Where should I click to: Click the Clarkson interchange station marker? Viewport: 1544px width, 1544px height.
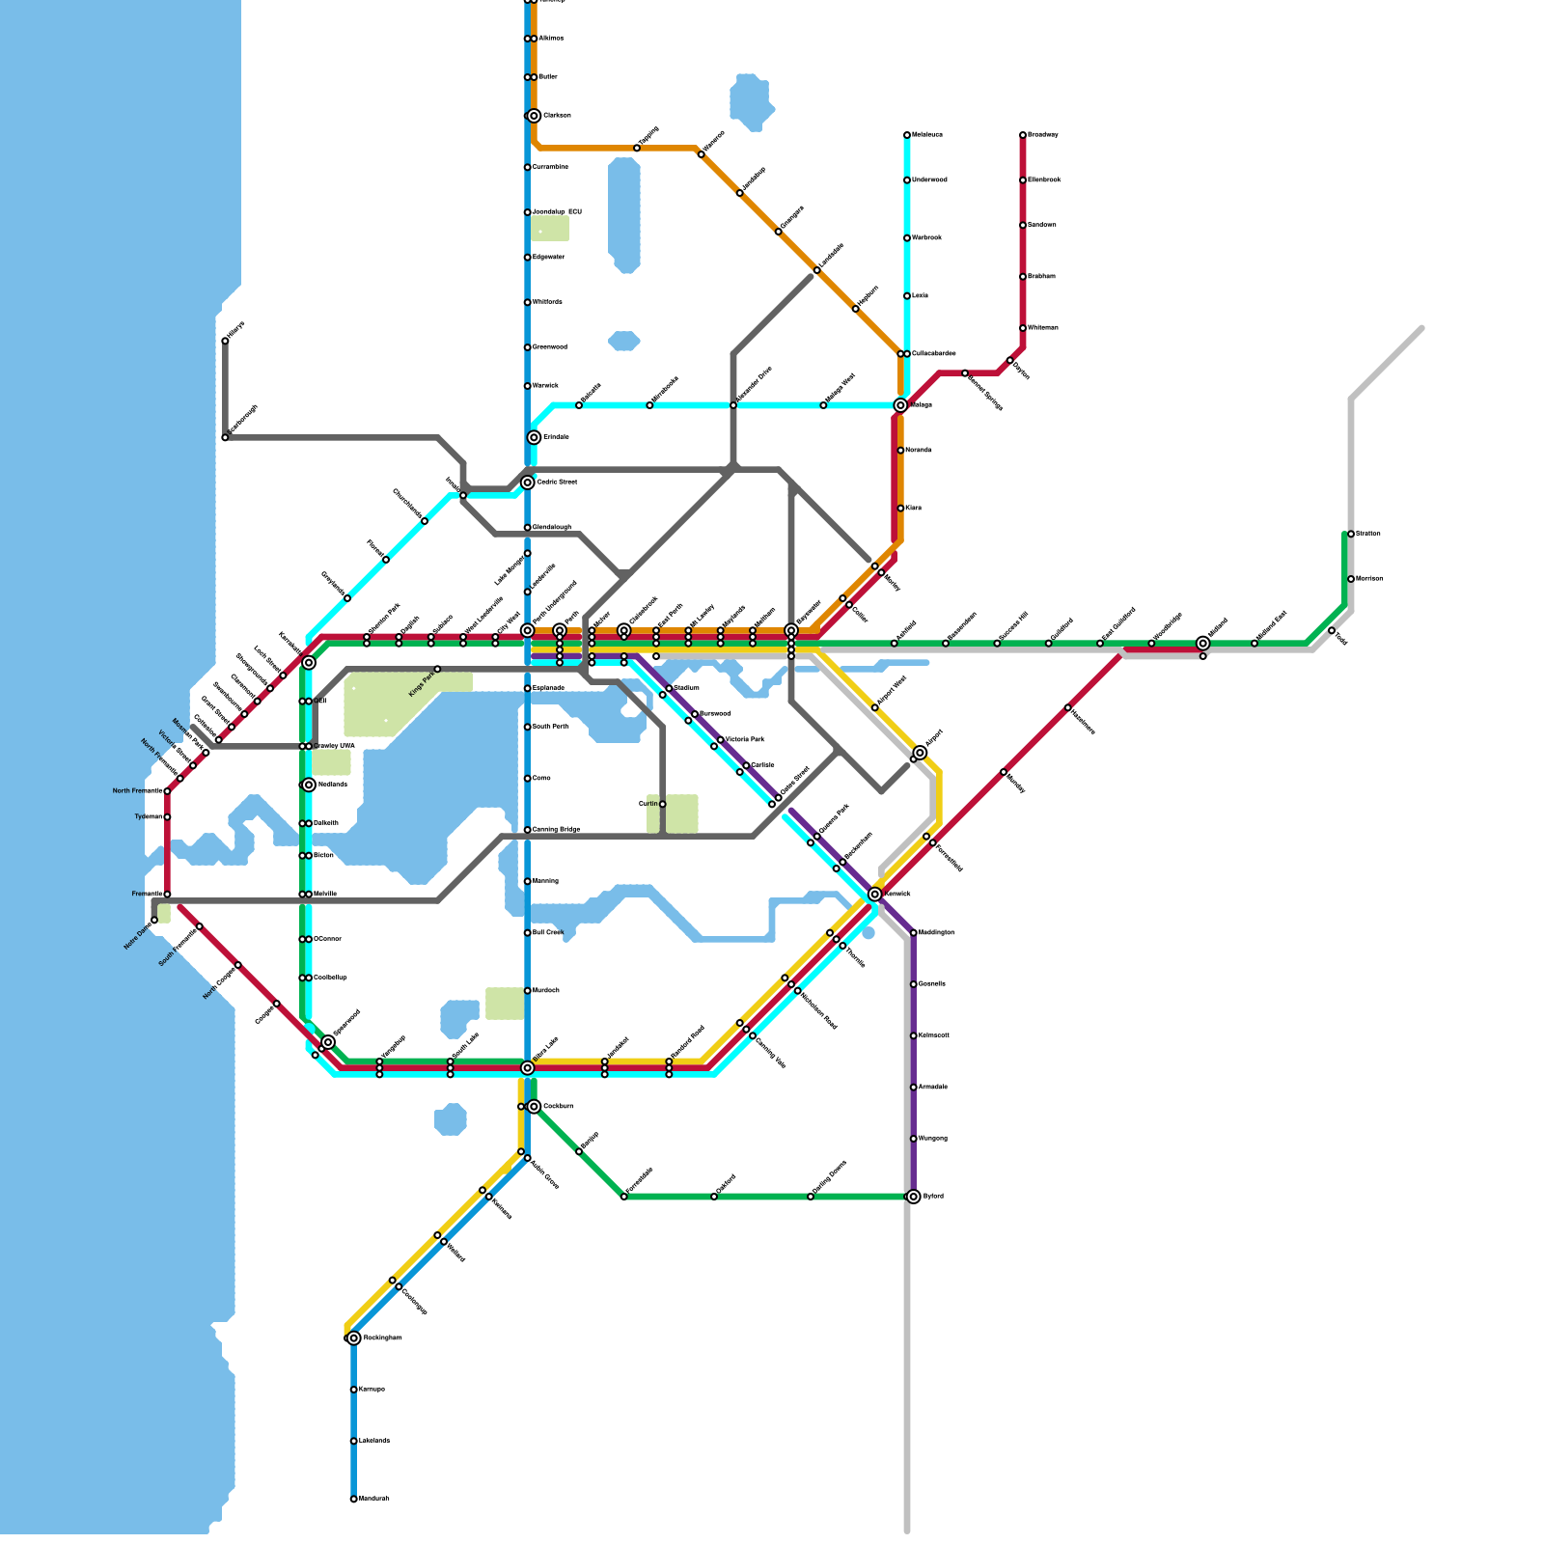click(x=534, y=116)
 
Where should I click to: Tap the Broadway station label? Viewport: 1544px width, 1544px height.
click(x=1043, y=135)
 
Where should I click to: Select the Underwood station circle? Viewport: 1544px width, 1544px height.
click(x=907, y=180)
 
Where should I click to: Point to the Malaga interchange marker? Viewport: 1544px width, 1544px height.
click(x=900, y=405)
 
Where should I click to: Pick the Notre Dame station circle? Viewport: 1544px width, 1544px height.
click(x=154, y=921)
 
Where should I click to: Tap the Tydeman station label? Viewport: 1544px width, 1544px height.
click(x=148, y=817)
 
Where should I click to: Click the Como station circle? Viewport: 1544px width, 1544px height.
click(x=528, y=779)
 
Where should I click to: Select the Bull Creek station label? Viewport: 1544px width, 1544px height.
click(x=547, y=933)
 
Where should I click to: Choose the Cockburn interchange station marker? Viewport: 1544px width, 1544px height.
click(x=534, y=1106)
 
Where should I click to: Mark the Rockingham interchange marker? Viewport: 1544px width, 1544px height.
click(x=354, y=1337)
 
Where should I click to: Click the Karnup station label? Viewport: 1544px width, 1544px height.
click(x=372, y=1390)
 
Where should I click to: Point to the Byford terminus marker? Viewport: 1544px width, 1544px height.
click(x=914, y=1197)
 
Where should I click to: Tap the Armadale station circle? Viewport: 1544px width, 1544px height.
click(x=914, y=1088)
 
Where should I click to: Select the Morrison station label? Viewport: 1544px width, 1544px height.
click(x=1369, y=579)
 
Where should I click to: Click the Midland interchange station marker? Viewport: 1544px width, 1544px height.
click(x=1203, y=643)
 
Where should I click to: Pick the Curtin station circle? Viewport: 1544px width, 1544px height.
click(x=663, y=804)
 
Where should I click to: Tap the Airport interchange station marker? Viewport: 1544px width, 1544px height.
click(x=920, y=753)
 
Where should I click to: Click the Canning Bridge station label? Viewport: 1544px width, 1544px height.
click(x=556, y=830)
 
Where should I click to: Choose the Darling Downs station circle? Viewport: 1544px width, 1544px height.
click(x=811, y=1197)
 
